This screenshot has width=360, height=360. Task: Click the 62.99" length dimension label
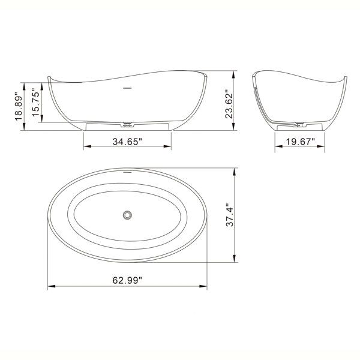[127, 280]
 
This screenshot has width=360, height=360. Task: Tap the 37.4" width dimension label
[230, 215]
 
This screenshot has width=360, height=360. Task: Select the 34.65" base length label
[127, 142]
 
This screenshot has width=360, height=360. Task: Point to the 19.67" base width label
[300, 142]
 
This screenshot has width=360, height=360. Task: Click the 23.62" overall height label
[229, 106]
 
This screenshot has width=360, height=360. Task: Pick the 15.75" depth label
[36, 102]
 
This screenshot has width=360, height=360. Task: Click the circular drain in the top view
[127, 215]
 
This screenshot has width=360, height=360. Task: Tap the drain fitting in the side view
[127, 125]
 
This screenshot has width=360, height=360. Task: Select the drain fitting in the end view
[299, 125]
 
